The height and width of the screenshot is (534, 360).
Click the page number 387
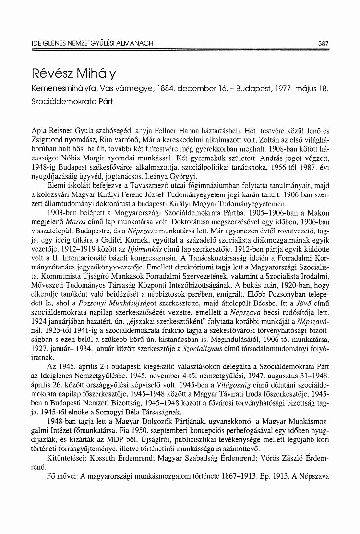pyautogui.click(x=323, y=43)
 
